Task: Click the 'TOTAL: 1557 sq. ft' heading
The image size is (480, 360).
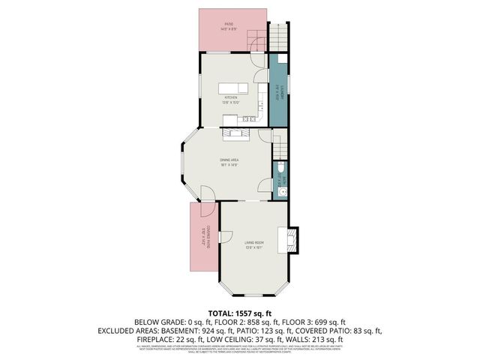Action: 240,312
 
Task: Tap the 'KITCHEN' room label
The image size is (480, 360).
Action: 231,97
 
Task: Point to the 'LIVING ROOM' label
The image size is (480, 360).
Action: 253,243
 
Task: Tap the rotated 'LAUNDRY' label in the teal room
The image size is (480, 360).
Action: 278,94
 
